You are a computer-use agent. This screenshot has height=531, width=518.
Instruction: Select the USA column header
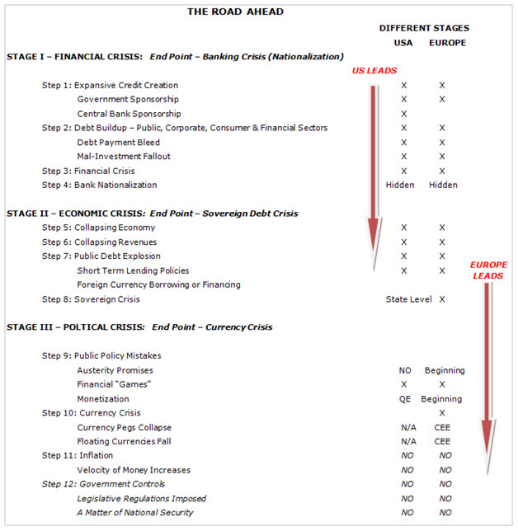(x=403, y=43)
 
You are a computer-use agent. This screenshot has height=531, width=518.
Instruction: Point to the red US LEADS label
(x=374, y=72)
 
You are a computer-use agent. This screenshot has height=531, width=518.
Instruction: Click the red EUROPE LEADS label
(x=488, y=270)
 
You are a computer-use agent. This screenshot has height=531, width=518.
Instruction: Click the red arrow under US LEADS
(x=375, y=165)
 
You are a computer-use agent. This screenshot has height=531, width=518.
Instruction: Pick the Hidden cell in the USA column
(x=400, y=185)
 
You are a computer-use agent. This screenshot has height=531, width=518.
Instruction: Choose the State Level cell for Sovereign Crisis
(x=408, y=299)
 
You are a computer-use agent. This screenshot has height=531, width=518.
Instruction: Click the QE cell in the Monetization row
(x=404, y=399)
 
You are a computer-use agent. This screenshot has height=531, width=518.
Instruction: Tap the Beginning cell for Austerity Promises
(x=445, y=370)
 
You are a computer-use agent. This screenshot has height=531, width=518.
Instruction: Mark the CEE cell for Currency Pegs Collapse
(x=443, y=427)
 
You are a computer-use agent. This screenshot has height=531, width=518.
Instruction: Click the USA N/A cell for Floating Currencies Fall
(x=404, y=441)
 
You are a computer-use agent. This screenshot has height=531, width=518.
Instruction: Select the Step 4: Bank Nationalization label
(x=99, y=185)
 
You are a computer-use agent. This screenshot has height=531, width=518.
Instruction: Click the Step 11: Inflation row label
(x=78, y=455)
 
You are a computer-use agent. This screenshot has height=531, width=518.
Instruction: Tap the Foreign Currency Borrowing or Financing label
(x=158, y=284)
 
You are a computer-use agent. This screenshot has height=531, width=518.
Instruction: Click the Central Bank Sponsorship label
(x=129, y=114)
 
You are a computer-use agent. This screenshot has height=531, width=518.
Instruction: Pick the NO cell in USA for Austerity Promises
(x=404, y=370)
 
